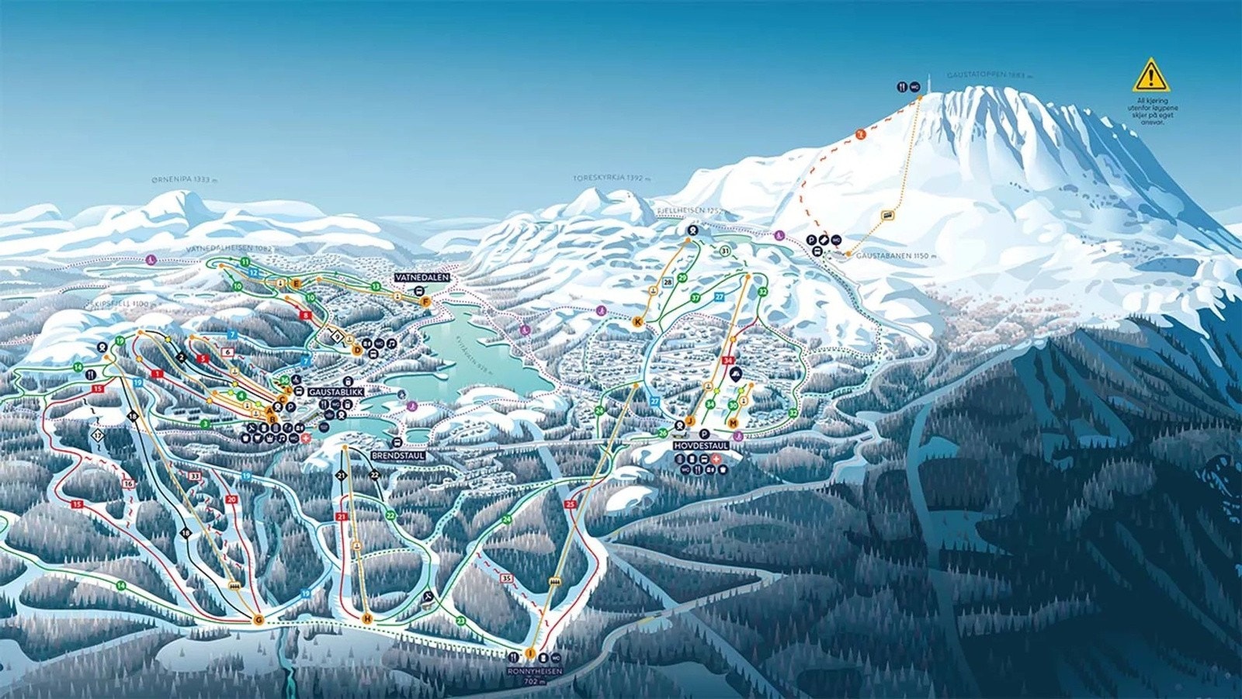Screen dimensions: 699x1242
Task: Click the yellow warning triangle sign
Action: click(1150, 75)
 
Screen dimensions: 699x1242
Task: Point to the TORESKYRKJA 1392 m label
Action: click(611, 178)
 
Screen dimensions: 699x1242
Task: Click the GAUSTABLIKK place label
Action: click(336, 393)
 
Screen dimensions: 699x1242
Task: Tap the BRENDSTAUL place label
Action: click(397, 455)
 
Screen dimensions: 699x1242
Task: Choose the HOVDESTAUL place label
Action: click(701, 447)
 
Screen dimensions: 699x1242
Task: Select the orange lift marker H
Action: click(367, 618)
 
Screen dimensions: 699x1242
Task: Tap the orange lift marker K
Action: click(638, 322)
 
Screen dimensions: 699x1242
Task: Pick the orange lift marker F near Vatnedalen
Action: click(426, 302)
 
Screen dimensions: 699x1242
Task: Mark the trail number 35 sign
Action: click(508, 578)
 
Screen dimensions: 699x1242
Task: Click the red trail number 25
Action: click(571, 505)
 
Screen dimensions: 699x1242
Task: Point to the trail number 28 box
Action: click(668, 282)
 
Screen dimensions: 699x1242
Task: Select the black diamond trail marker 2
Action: click(181, 358)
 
